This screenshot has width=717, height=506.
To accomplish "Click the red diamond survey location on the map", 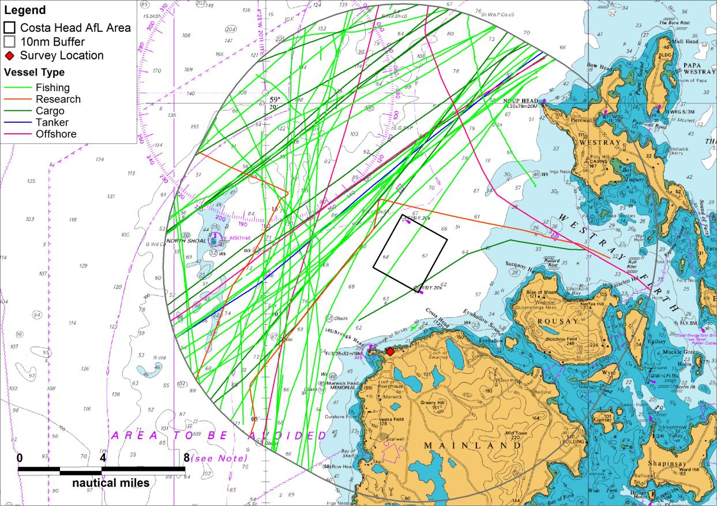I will coord(390,351).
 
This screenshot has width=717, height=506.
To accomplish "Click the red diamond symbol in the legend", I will coord(10,56).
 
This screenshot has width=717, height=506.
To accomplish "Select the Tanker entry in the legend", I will coord(52,122).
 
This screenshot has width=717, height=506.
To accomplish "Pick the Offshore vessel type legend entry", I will coord(56,134).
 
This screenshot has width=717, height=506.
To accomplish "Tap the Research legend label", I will coord(58,99).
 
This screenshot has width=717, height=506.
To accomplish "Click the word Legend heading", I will coord(25,10).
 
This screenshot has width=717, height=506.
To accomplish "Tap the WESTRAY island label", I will coord(599,142).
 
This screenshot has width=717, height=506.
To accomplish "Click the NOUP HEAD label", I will coord(521,101).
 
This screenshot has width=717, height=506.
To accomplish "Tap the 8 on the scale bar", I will coord(186,458).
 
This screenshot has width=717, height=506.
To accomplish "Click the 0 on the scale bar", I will coord(20,458).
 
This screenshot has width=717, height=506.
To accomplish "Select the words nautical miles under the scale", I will coord(111,483).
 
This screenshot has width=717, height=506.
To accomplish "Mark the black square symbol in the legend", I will coord(10,28).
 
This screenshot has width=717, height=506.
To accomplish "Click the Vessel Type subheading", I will coord(34,73).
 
